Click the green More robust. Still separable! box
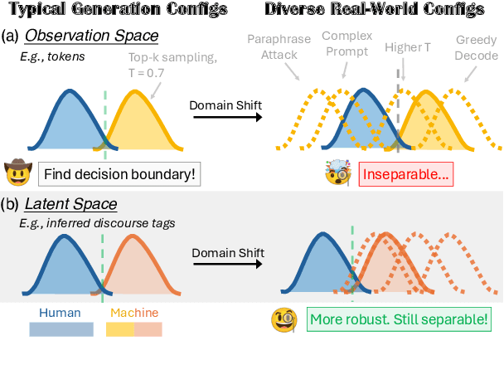(395, 319)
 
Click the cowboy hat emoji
(17, 173)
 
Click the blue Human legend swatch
(61, 328)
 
